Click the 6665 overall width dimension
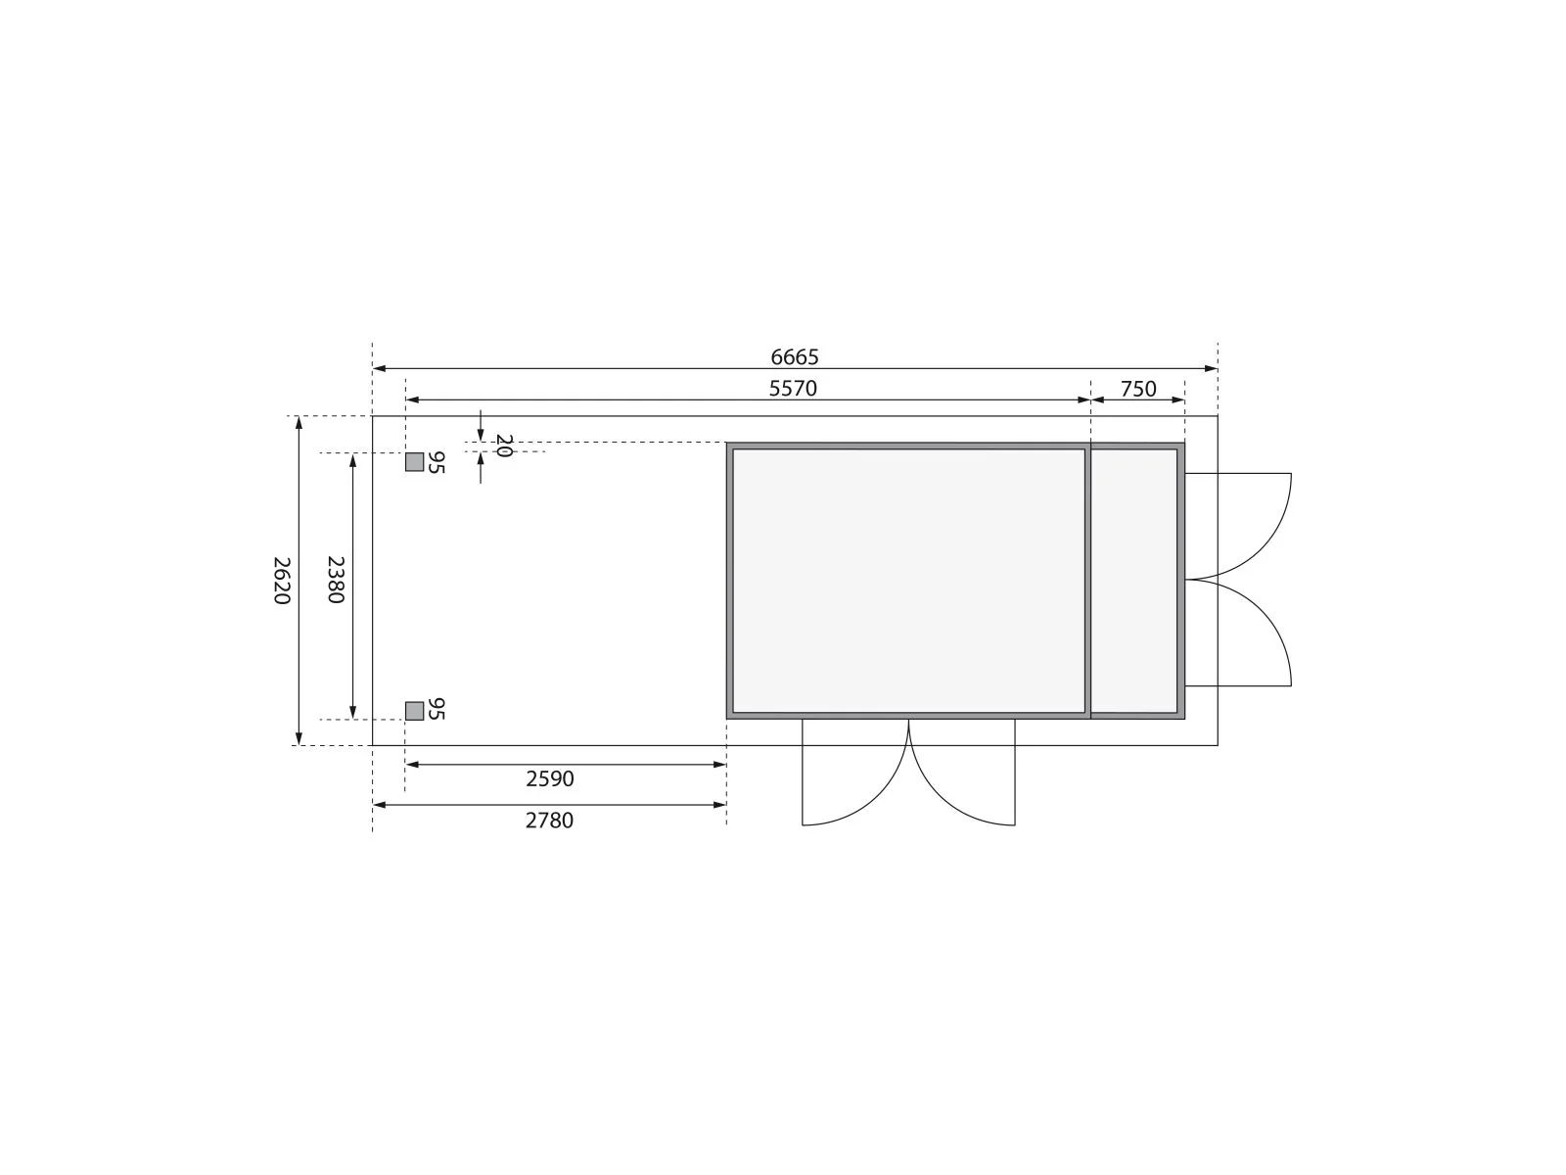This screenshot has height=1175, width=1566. (794, 356)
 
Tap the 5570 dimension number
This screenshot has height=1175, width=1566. (793, 388)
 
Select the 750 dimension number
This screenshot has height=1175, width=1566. (1138, 389)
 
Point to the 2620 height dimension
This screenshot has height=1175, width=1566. (282, 580)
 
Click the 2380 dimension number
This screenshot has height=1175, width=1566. (336, 580)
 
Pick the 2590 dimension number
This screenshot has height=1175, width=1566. (550, 778)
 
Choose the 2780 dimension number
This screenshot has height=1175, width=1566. (549, 821)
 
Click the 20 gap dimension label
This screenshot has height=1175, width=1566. (504, 446)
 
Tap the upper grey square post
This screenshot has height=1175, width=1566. (415, 462)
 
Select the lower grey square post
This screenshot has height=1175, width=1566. (415, 711)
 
